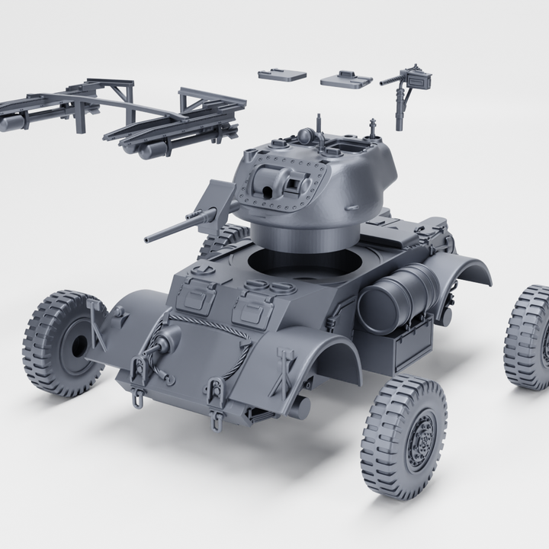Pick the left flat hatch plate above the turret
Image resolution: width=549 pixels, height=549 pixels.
[x=281, y=75]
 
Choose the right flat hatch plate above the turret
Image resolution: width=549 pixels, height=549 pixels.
[x=345, y=79]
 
